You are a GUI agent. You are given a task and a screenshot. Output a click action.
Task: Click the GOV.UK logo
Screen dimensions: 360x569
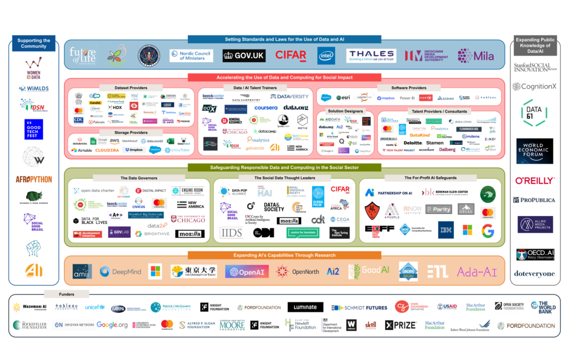pyautogui.click(x=243, y=56)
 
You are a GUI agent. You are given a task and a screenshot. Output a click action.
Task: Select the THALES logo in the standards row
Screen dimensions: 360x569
pyautogui.click(x=371, y=56)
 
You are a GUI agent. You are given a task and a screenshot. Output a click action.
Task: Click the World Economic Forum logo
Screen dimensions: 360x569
pyautogui.click(x=535, y=151)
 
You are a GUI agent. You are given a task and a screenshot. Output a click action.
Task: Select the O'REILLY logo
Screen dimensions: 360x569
pyautogui.click(x=535, y=181)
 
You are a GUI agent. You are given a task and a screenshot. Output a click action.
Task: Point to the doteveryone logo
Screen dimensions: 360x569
pyautogui.click(x=535, y=274)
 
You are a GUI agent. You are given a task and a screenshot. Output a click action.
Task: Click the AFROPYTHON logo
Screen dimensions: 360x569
pyautogui.click(x=33, y=179)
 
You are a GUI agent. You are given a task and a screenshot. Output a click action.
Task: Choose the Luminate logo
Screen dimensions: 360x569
pyautogui.click(x=305, y=307)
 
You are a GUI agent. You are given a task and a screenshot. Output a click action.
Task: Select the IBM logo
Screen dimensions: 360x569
pyautogui.click(x=446, y=229)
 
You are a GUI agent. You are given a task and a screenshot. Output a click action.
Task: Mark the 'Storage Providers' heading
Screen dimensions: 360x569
pyautogui.click(x=131, y=133)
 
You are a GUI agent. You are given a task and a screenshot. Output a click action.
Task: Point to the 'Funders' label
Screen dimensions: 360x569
pyautogui.click(x=66, y=294)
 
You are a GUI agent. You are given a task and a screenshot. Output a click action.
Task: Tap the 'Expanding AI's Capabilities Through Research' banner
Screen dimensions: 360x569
pyautogui.click(x=284, y=255)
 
